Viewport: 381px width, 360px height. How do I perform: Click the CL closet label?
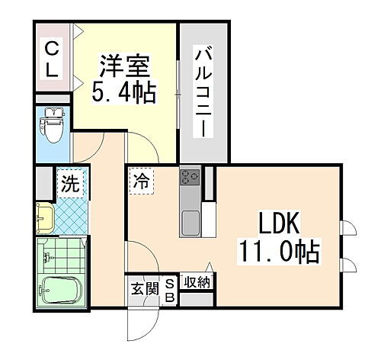coord(52,58)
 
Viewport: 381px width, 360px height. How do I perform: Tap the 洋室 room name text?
coord(126,66)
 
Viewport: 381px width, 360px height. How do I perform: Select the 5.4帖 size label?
coord(126,92)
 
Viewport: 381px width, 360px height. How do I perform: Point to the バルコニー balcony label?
coord(203,92)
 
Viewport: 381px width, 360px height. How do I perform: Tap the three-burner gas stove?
coord(189,178)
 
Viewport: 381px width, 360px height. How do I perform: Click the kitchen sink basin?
coord(190,224)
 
